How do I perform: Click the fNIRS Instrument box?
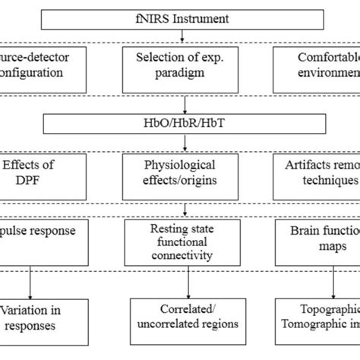tap(180, 15)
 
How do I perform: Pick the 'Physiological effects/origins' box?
tap(180, 172)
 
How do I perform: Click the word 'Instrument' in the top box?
tap(204, 15)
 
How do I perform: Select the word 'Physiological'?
tap(180, 164)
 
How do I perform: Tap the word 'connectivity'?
tap(180, 255)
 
